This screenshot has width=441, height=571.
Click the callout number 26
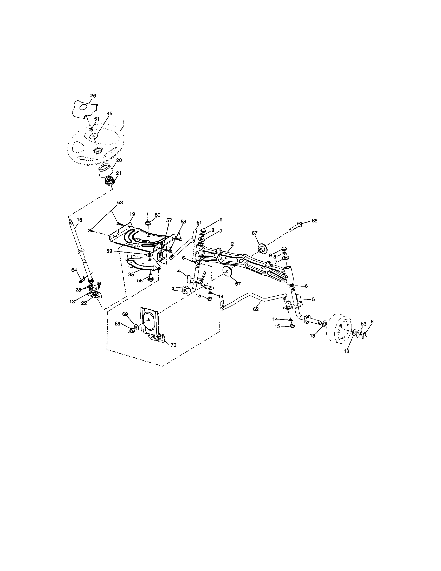click(93, 96)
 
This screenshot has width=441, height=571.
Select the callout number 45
click(109, 113)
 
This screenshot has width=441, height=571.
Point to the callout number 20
click(119, 160)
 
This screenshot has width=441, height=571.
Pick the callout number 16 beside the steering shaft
click(79, 220)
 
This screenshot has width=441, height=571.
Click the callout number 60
click(157, 215)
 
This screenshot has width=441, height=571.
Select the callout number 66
click(314, 221)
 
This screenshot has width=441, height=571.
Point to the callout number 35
click(131, 275)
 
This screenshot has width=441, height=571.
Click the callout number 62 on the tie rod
click(256, 309)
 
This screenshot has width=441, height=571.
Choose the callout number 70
click(173, 345)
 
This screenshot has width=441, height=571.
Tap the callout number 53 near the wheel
click(364, 324)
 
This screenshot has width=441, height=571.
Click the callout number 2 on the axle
click(232, 244)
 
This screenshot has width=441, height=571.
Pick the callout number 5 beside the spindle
click(313, 299)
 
